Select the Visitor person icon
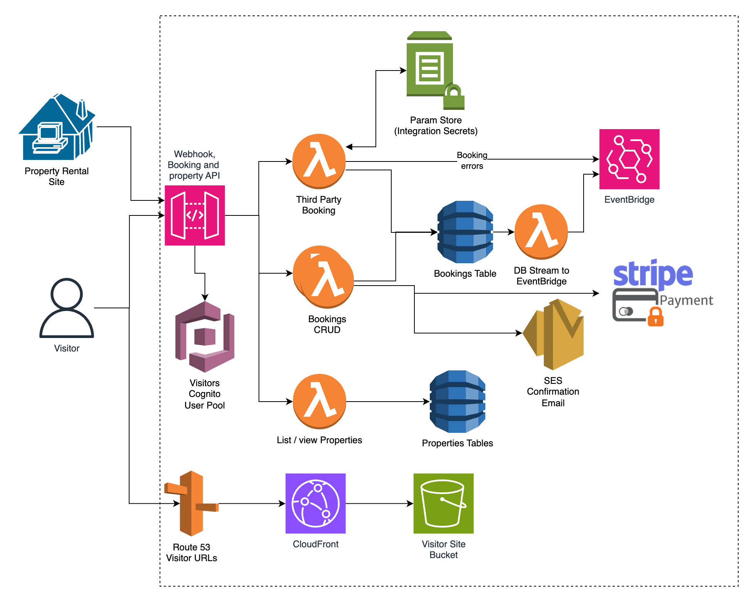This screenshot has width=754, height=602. pos(67,308)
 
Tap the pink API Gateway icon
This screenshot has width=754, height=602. pos(195,215)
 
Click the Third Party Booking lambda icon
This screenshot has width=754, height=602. pos(319,161)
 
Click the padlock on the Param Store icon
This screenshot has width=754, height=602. pos(454,98)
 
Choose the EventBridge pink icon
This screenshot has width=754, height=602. pos(629,159)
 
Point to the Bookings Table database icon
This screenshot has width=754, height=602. pos(465,232)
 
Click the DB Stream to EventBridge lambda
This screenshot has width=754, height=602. pos(541,232)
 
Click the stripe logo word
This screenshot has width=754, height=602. pos(653,274)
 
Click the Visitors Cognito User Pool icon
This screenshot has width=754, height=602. pos(205,337)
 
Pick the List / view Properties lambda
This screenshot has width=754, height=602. pos(320,401)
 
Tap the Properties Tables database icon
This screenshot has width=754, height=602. pos(458,402)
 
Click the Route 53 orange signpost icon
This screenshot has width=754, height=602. pos(192,503)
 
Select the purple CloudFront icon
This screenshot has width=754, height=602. pos(315,503)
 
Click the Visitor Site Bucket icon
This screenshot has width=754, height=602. pos(443,503)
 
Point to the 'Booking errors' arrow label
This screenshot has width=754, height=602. pos(472,160)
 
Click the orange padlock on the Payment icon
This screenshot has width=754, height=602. pos(655,317)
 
